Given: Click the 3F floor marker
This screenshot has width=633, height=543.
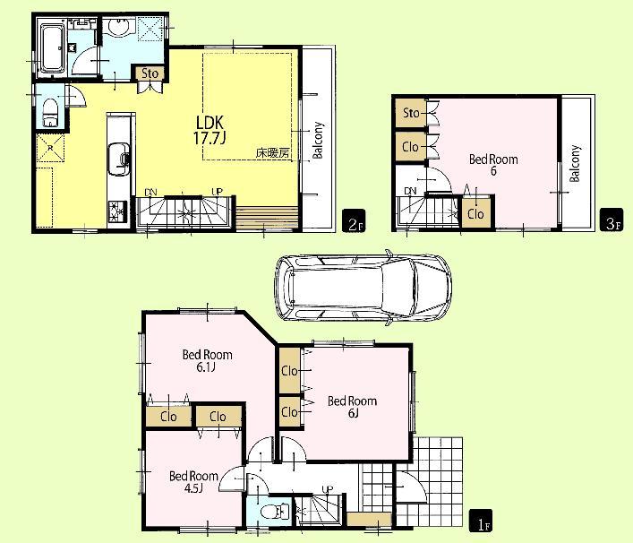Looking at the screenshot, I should (x=612, y=223).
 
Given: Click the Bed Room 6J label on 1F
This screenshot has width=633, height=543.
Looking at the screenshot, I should (x=351, y=406).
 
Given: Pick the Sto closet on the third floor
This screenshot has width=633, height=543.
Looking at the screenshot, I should (x=411, y=113).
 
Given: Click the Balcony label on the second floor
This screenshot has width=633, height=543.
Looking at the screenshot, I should (x=318, y=141).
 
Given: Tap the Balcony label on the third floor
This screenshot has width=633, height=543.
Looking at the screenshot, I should (x=576, y=164).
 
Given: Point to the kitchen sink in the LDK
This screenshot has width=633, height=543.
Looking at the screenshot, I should (x=116, y=160).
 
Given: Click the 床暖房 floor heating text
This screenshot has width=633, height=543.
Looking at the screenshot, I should (x=271, y=152).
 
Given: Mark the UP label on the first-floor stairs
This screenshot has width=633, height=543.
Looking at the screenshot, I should (x=328, y=489).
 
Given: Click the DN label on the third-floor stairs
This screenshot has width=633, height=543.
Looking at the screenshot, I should (x=409, y=191).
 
